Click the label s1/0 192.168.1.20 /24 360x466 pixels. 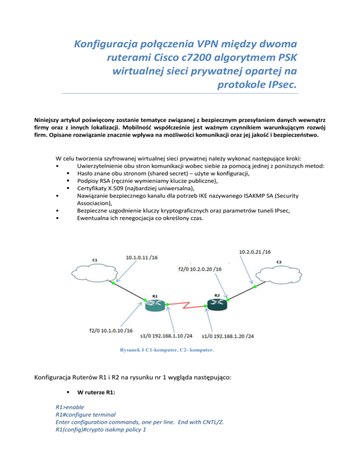tap(228, 336)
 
